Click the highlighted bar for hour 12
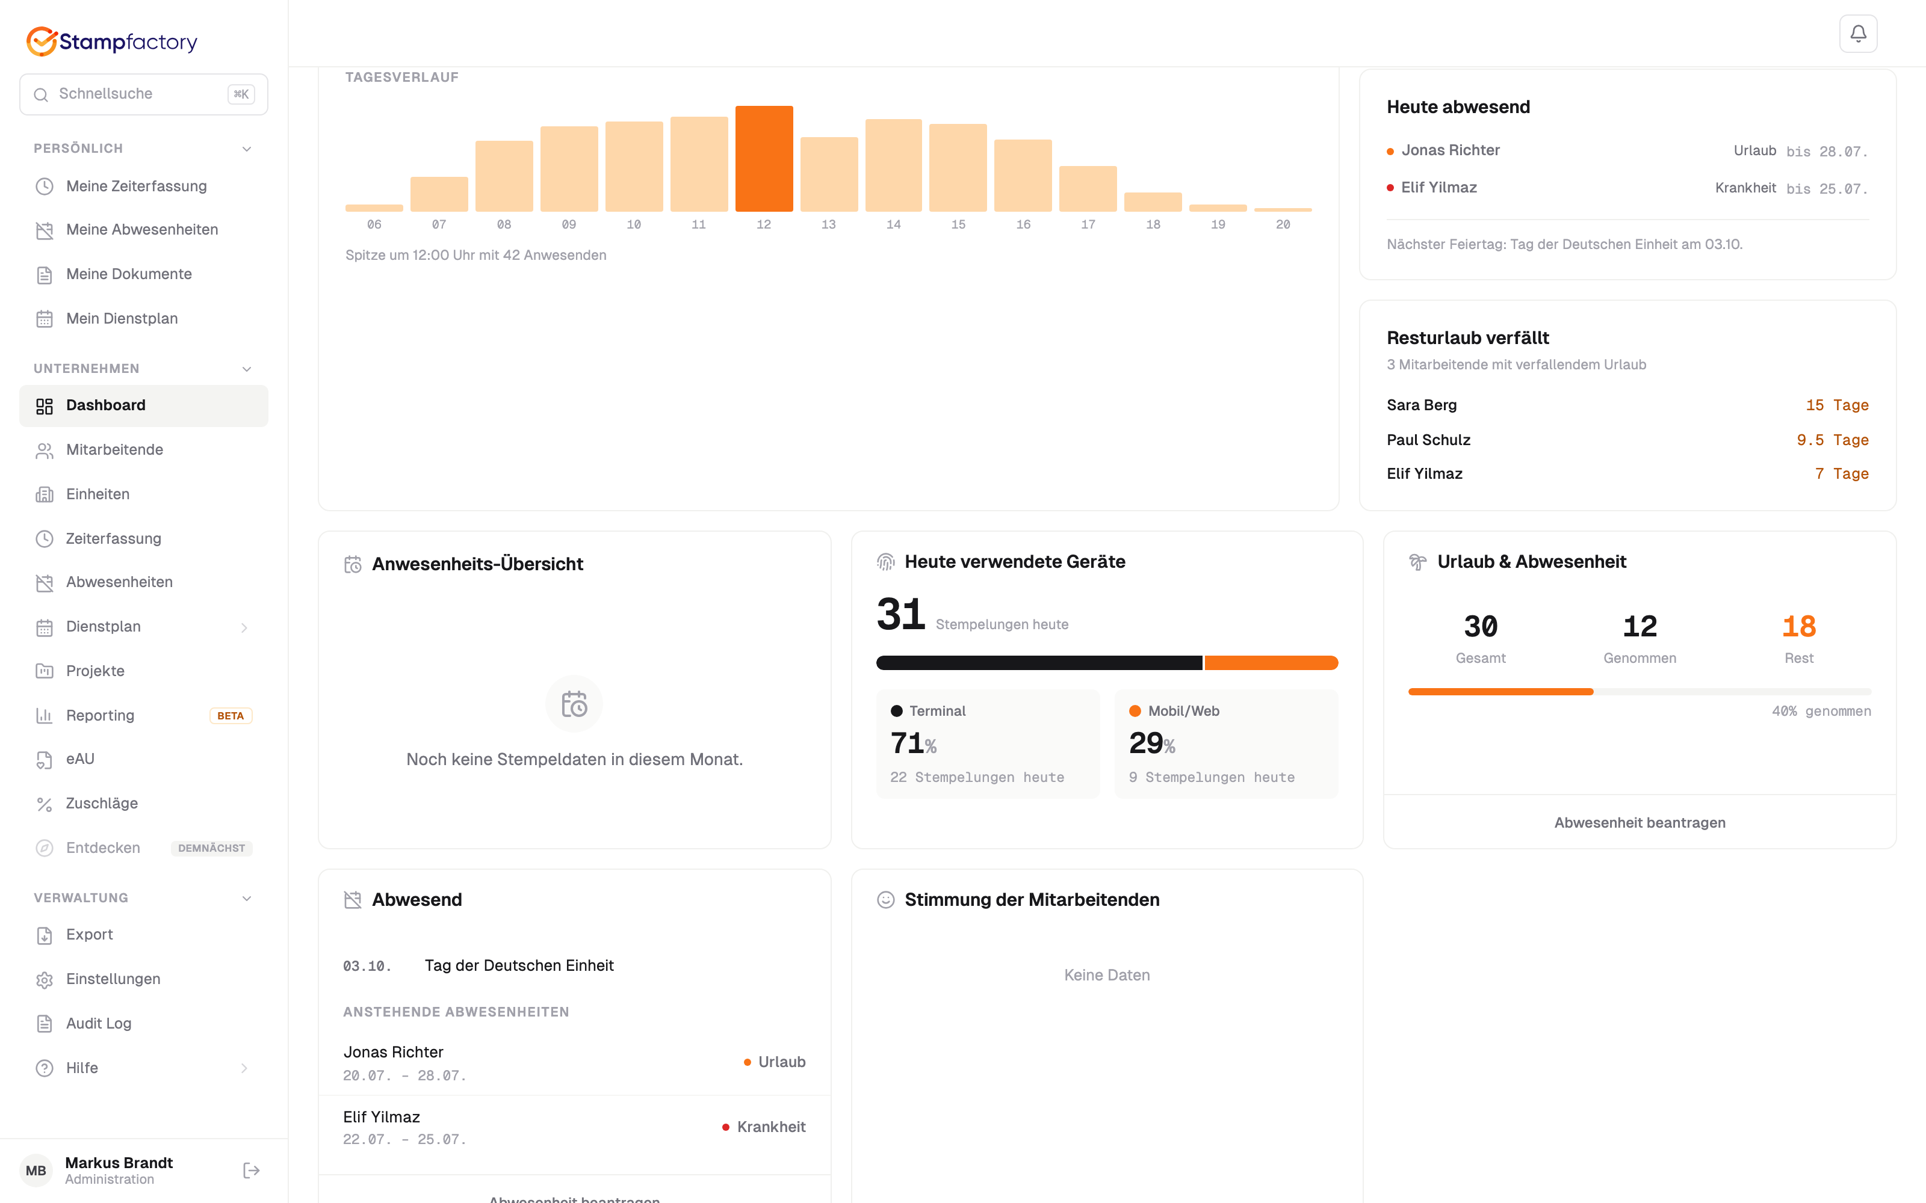click(764, 158)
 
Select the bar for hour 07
click(439, 194)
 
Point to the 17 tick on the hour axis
click(1088, 224)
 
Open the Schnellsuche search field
click(143, 94)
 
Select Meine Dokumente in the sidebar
click(129, 274)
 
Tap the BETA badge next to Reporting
click(231, 716)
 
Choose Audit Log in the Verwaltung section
click(99, 1024)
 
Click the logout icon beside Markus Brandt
click(251, 1171)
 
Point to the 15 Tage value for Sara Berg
click(1837, 405)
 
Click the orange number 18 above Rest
click(1798, 627)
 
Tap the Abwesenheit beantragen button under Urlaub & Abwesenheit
click(1640, 823)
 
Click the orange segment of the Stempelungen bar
click(1271, 663)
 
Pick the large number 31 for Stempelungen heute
click(901, 614)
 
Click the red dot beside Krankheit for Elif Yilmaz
click(726, 1127)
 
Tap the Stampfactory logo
click(112, 42)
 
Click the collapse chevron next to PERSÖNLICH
click(247, 149)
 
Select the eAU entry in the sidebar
click(79, 759)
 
